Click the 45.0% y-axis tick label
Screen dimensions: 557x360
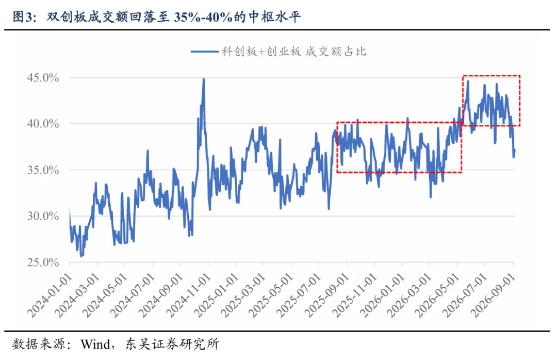[43, 78]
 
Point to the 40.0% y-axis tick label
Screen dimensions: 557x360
[43, 124]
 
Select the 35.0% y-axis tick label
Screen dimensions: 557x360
[43, 170]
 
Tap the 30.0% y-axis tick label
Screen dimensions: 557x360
[43, 216]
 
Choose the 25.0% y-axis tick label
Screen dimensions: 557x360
[43, 263]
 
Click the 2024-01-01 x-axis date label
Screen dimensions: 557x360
[50, 296]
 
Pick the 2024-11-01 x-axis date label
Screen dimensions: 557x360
[189, 296]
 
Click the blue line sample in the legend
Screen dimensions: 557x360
[205, 52]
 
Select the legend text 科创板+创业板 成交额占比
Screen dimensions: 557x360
[294, 52]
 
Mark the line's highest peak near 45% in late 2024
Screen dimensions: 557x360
[204, 79]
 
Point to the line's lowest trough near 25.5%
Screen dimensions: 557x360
[81, 256]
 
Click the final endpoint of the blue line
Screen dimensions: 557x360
[514, 150]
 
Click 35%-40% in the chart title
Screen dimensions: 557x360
[203, 17]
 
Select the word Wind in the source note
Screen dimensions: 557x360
[95, 344]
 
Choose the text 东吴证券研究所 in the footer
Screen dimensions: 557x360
[172, 344]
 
